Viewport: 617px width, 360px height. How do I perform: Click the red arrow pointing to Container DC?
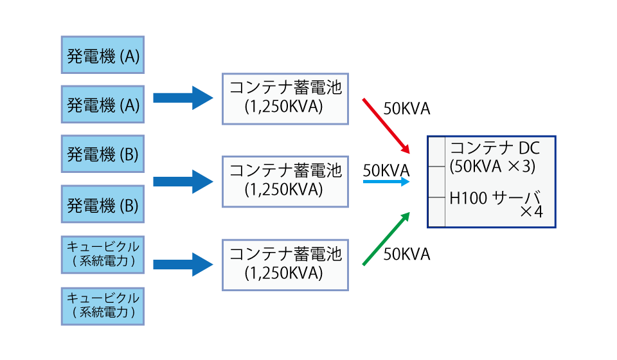[x=386, y=126]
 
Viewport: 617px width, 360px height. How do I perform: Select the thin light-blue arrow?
[x=386, y=181]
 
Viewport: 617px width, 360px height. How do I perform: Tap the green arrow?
[x=386, y=239]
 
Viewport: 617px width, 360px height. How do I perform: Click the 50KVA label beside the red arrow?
[x=406, y=109]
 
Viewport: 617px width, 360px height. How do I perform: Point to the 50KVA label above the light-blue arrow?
[x=386, y=170]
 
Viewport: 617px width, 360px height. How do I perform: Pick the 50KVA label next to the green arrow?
[x=406, y=254]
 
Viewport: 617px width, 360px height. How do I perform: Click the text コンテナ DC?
[x=495, y=148]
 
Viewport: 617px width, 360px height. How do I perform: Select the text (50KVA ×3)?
[x=492, y=166]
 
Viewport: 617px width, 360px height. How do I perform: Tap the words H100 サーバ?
[x=495, y=197]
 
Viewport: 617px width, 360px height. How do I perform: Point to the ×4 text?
[x=532, y=212]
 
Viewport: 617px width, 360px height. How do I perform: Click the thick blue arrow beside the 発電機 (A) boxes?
[x=183, y=98]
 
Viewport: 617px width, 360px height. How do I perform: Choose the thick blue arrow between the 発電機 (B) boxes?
[x=183, y=181]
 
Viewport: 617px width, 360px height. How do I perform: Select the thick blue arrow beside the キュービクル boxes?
[x=183, y=264]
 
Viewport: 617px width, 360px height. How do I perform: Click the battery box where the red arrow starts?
[x=285, y=99]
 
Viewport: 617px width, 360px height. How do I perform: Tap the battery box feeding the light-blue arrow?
[x=285, y=182]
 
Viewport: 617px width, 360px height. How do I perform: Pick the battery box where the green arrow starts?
[x=285, y=265]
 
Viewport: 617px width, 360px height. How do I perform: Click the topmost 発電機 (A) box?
[x=103, y=55]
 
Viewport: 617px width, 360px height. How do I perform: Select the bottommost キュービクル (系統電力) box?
[x=103, y=307]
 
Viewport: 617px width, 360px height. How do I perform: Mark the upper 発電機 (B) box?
[x=103, y=154]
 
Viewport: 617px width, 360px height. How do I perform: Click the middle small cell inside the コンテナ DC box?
[x=437, y=182]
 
